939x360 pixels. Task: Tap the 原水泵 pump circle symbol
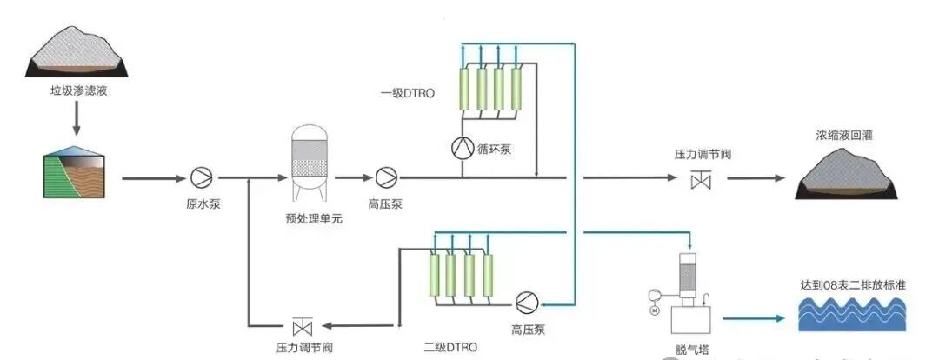coord(202,178)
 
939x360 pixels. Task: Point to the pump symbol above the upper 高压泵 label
coord(385,178)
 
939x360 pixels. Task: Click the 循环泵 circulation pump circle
coord(462,148)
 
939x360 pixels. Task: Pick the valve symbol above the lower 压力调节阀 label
coord(303,327)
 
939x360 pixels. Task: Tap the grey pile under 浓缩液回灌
coord(844,172)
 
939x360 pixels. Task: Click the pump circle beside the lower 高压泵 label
coord(526,302)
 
